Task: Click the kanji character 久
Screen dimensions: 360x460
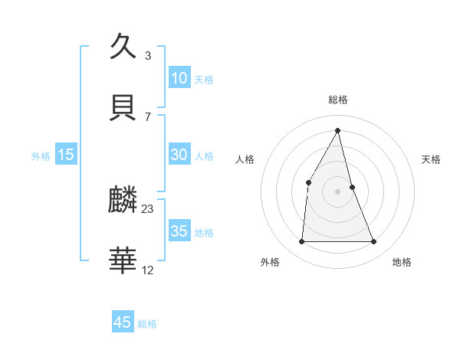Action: tap(123, 46)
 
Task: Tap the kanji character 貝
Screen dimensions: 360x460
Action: tap(123, 107)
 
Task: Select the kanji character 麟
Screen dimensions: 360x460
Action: tap(123, 201)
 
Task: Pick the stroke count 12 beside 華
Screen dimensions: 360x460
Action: tap(148, 270)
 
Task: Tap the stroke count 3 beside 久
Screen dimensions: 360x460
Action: tap(148, 55)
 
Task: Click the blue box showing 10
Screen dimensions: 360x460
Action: tap(179, 78)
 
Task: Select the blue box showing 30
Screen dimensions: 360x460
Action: tap(179, 155)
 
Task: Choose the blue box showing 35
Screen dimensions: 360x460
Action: tap(179, 231)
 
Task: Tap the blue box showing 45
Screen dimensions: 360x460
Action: tap(123, 322)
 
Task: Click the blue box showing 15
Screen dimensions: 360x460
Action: tap(66, 155)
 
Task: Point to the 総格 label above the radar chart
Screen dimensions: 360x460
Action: tap(338, 100)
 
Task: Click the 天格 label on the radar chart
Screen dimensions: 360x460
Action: tap(432, 159)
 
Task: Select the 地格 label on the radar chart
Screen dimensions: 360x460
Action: tap(402, 262)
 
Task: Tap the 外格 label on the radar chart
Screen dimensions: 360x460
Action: tap(270, 262)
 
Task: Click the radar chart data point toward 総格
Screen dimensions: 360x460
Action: tap(338, 130)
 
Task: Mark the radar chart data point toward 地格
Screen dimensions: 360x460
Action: tap(374, 242)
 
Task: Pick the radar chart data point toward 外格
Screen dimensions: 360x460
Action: tap(301, 242)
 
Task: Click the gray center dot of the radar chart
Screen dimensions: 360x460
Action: tap(338, 191)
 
